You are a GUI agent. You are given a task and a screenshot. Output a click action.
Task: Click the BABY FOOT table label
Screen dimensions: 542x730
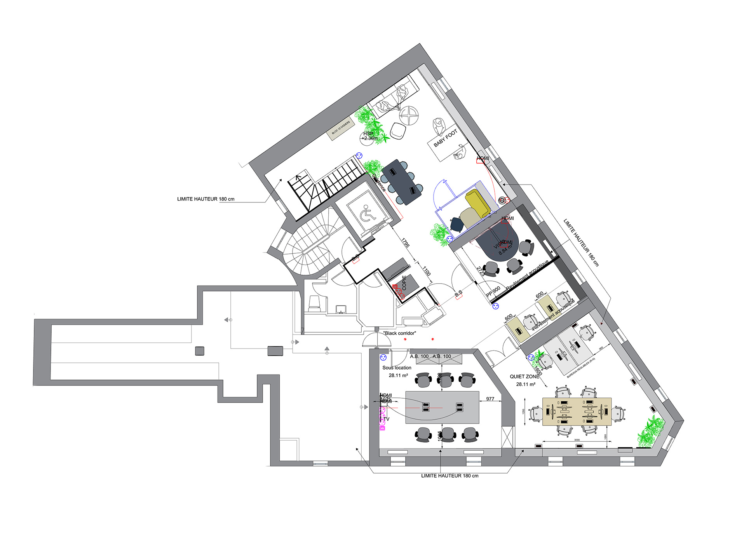click(x=445, y=138)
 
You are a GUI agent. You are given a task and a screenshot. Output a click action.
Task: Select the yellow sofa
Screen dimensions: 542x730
click(x=477, y=204)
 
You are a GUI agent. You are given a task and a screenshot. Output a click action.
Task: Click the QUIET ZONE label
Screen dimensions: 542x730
click(x=524, y=376)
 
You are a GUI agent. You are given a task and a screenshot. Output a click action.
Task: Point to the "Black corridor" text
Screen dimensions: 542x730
click(x=399, y=333)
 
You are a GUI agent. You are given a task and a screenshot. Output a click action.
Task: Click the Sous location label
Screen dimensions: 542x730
click(x=397, y=368)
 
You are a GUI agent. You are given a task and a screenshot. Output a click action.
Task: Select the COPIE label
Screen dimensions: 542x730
click(x=404, y=283)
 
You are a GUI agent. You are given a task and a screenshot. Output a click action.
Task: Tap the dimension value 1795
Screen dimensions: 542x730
click(x=405, y=243)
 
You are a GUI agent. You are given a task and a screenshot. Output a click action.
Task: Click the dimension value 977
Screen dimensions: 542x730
click(x=490, y=399)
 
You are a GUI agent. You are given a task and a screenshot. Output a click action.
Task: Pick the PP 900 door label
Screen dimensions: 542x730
click(x=493, y=291)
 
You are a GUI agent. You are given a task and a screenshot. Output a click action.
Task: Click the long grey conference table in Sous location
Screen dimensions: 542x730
click(x=442, y=407)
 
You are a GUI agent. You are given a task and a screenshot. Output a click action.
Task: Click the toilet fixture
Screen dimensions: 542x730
click(x=314, y=303)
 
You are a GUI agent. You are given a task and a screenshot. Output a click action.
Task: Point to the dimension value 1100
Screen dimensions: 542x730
click(x=427, y=271)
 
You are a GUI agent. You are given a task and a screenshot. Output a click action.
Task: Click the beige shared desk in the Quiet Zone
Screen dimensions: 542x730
click(x=577, y=411)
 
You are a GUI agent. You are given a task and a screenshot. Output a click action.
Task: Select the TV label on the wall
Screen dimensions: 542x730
click(x=386, y=419)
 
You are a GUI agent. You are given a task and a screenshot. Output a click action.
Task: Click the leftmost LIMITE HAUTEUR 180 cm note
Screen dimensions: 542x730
click(x=206, y=199)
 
